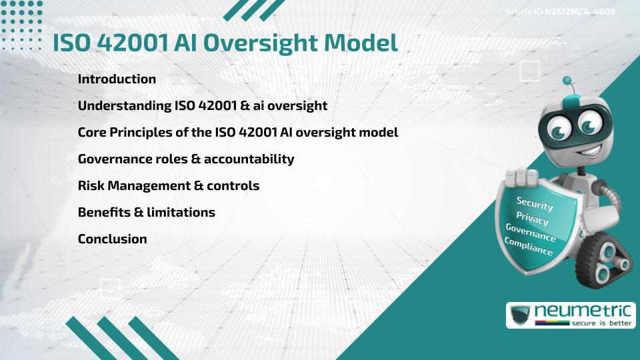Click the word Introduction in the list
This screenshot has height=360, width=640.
tap(117, 79)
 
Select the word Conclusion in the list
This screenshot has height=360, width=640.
tap(112, 239)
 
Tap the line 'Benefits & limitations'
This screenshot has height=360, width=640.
tap(146, 212)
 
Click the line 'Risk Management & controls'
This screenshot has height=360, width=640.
tap(168, 185)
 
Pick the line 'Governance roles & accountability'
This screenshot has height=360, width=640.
tap(185, 159)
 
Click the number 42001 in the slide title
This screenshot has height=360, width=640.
tap(129, 42)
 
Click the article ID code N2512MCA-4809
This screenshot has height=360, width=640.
tap(579, 11)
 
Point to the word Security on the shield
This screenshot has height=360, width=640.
tap(535, 204)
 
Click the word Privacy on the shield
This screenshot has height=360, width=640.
tap(532, 219)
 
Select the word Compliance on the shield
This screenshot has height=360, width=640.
tap(528, 247)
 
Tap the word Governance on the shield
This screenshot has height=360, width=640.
tap(530, 233)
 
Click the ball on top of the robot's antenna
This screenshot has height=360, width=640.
tap(567, 81)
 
